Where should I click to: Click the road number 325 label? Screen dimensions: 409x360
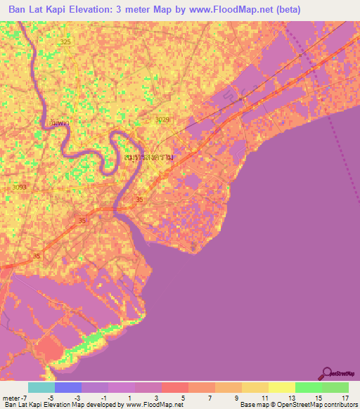point(65,42)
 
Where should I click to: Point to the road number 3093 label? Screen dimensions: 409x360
point(19,187)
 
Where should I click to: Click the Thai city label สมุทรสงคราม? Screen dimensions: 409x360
point(148,159)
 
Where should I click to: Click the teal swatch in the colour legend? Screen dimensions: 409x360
point(41,387)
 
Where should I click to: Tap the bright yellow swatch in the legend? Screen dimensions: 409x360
point(281,387)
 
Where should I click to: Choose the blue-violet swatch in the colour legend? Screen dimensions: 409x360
point(68,387)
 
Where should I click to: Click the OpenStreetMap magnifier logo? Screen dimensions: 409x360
point(328,372)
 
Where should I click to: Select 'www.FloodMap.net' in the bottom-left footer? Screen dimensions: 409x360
point(152,405)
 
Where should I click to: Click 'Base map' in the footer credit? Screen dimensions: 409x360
point(252,405)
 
